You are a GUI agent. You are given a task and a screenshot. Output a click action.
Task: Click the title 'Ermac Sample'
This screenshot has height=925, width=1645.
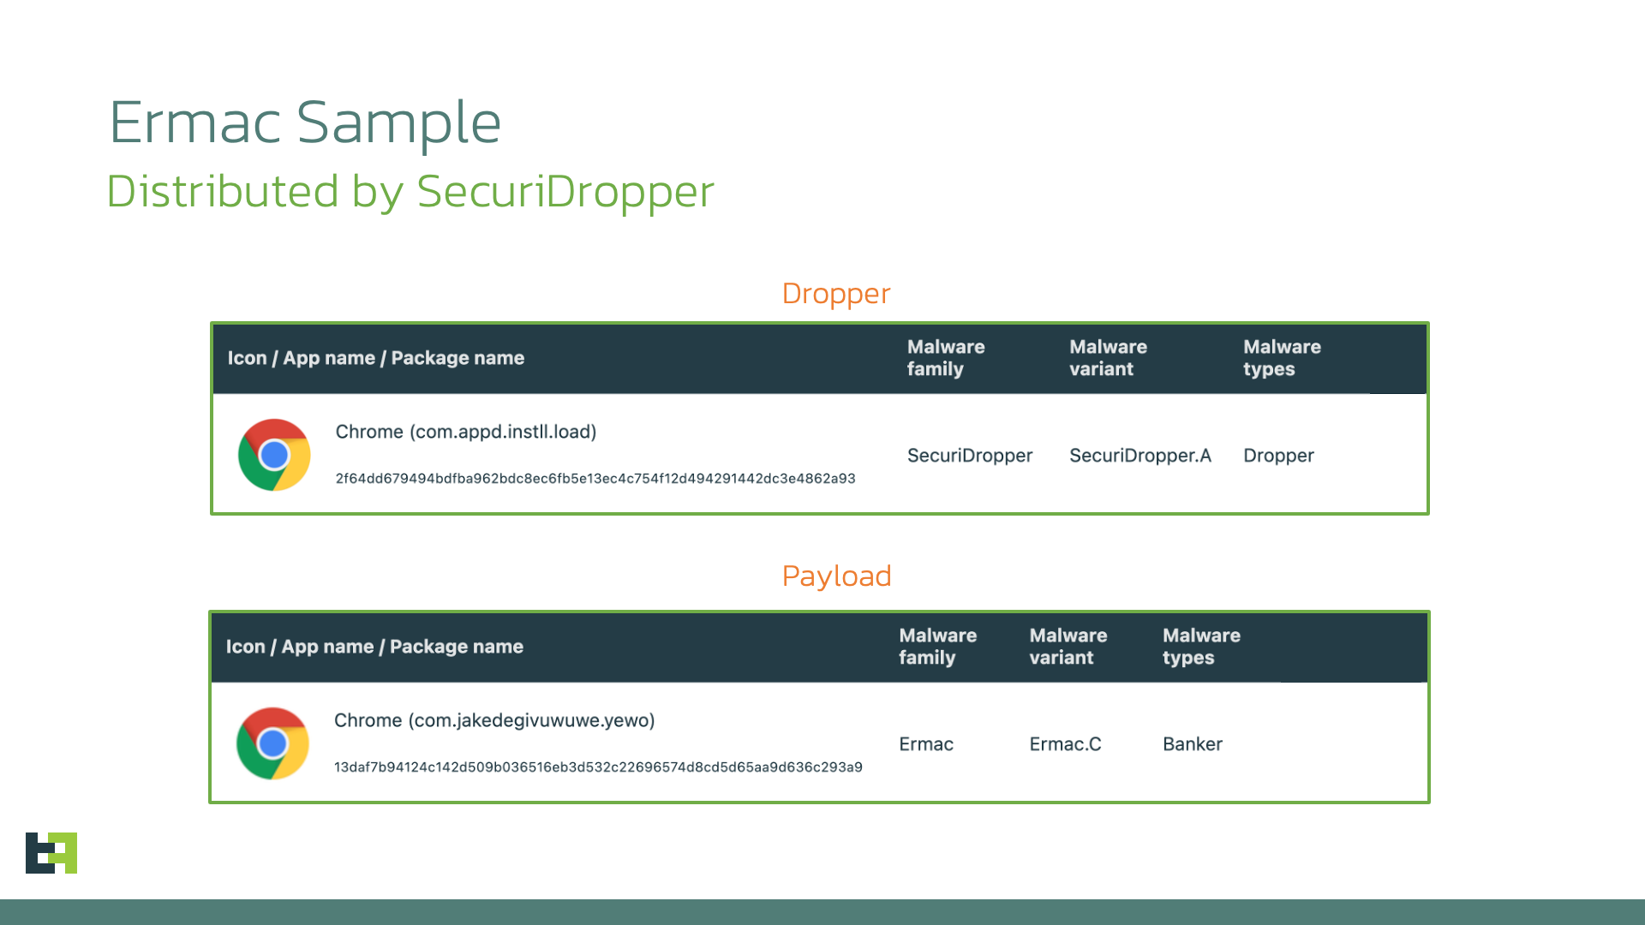305,122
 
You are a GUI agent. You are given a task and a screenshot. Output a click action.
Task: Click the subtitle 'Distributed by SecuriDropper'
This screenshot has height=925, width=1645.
410,191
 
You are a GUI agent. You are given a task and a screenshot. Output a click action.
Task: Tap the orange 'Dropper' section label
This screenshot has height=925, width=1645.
835,294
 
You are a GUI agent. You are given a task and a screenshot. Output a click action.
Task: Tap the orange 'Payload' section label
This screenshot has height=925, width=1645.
836,576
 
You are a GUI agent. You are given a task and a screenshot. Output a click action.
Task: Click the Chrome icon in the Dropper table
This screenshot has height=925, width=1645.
274,455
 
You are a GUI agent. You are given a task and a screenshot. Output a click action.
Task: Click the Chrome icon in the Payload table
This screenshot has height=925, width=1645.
272,743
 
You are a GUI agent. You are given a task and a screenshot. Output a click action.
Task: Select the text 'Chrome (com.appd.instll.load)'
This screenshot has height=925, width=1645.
465,432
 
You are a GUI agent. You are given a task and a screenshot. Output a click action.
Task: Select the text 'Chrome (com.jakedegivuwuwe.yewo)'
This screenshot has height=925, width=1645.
493,720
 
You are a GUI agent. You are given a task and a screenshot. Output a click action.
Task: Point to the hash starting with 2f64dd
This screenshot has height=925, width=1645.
595,479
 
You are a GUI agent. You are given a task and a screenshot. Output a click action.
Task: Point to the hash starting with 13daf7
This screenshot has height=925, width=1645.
597,767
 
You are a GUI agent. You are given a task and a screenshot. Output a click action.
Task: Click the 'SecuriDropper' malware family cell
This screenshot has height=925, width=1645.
969,456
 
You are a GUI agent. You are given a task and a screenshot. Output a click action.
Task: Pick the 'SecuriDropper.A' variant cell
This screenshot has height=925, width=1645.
1140,456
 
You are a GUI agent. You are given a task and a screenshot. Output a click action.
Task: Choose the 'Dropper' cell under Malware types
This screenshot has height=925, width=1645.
1277,456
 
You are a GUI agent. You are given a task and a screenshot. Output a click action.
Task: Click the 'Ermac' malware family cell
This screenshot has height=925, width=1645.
925,744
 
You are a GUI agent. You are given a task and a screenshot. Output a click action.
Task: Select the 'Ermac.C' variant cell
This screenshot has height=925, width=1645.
1064,744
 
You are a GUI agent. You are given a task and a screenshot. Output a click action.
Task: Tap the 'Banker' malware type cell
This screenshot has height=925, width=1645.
1192,744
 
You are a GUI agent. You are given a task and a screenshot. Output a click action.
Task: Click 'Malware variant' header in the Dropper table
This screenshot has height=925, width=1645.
1107,358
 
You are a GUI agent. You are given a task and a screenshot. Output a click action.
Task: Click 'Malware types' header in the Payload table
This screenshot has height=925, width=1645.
1200,647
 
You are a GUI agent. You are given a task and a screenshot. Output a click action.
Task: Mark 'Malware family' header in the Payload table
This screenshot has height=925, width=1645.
936,647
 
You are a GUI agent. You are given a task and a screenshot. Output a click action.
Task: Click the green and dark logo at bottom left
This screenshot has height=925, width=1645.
51,853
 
